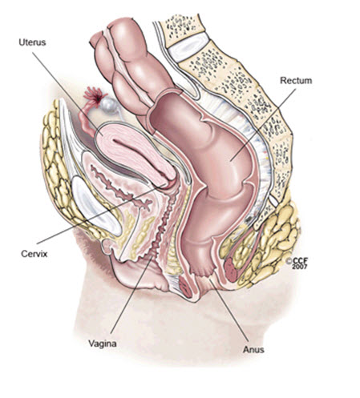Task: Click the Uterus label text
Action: (x=32, y=42)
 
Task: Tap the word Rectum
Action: (x=296, y=80)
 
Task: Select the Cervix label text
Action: (x=34, y=253)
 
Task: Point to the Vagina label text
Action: (x=103, y=344)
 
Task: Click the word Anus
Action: (x=253, y=349)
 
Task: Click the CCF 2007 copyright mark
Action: (x=296, y=263)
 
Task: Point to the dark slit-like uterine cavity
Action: (x=139, y=155)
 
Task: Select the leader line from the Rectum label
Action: (x=263, y=125)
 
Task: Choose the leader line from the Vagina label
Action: (x=132, y=294)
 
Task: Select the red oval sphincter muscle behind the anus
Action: (x=231, y=269)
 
